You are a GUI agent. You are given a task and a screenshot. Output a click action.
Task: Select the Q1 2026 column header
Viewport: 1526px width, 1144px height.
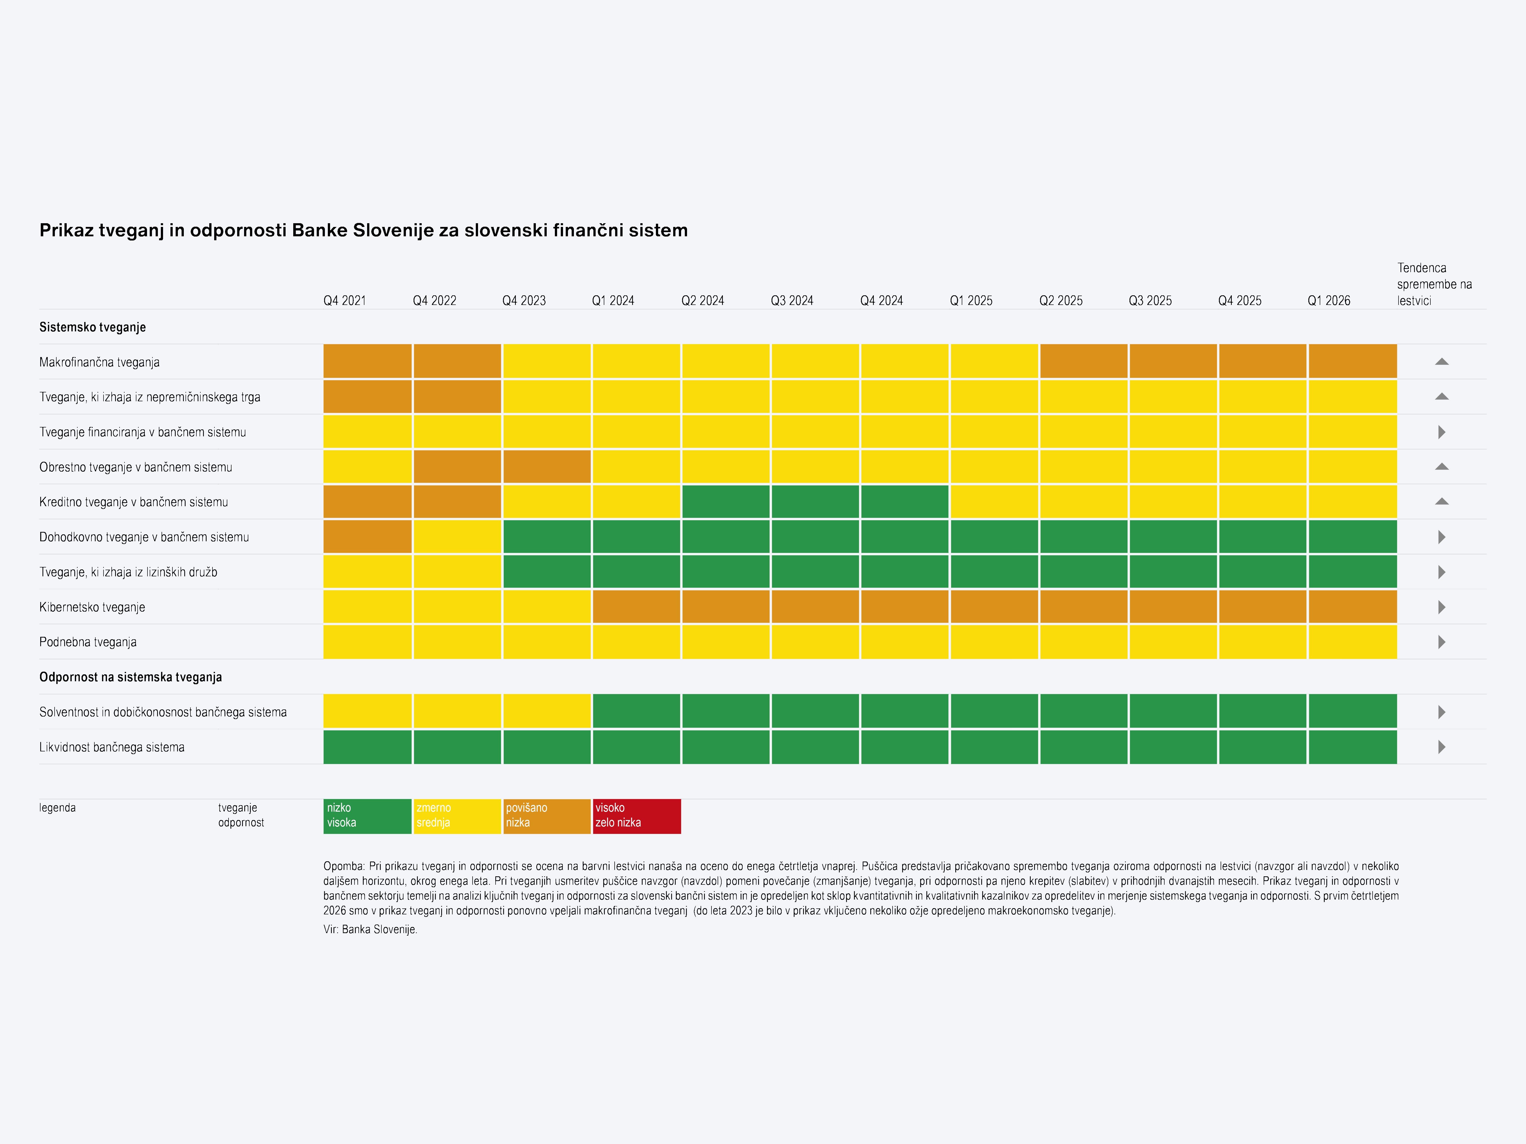(x=1329, y=301)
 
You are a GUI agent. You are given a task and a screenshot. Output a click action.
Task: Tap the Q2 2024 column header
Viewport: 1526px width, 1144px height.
(x=702, y=301)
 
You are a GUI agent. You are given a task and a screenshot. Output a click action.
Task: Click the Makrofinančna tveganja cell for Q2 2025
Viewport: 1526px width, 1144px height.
(x=1083, y=361)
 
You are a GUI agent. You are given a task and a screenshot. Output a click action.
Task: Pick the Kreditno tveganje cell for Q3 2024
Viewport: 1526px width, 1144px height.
(x=815, y=501)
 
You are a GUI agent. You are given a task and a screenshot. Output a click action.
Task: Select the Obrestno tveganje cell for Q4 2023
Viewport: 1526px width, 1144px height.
(x=546, y=466)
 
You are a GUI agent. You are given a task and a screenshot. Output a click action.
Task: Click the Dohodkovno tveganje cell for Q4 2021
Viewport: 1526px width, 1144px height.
(x=367, y=537)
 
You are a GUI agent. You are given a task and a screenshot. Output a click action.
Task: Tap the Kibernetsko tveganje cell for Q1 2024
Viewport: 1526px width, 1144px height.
(x=636, y=607)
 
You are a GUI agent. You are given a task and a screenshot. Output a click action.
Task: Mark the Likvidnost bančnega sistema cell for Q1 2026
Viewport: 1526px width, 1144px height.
(x=1352, y=747)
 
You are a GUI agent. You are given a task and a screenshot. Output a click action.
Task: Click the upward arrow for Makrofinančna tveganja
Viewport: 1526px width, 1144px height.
(x=1441, y=361)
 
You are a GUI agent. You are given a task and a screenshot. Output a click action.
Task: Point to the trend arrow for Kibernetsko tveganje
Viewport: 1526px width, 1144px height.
(x=1441, y=607)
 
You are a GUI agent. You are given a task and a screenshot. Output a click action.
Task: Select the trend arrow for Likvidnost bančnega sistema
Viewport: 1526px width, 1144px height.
(x=1441, y=747)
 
